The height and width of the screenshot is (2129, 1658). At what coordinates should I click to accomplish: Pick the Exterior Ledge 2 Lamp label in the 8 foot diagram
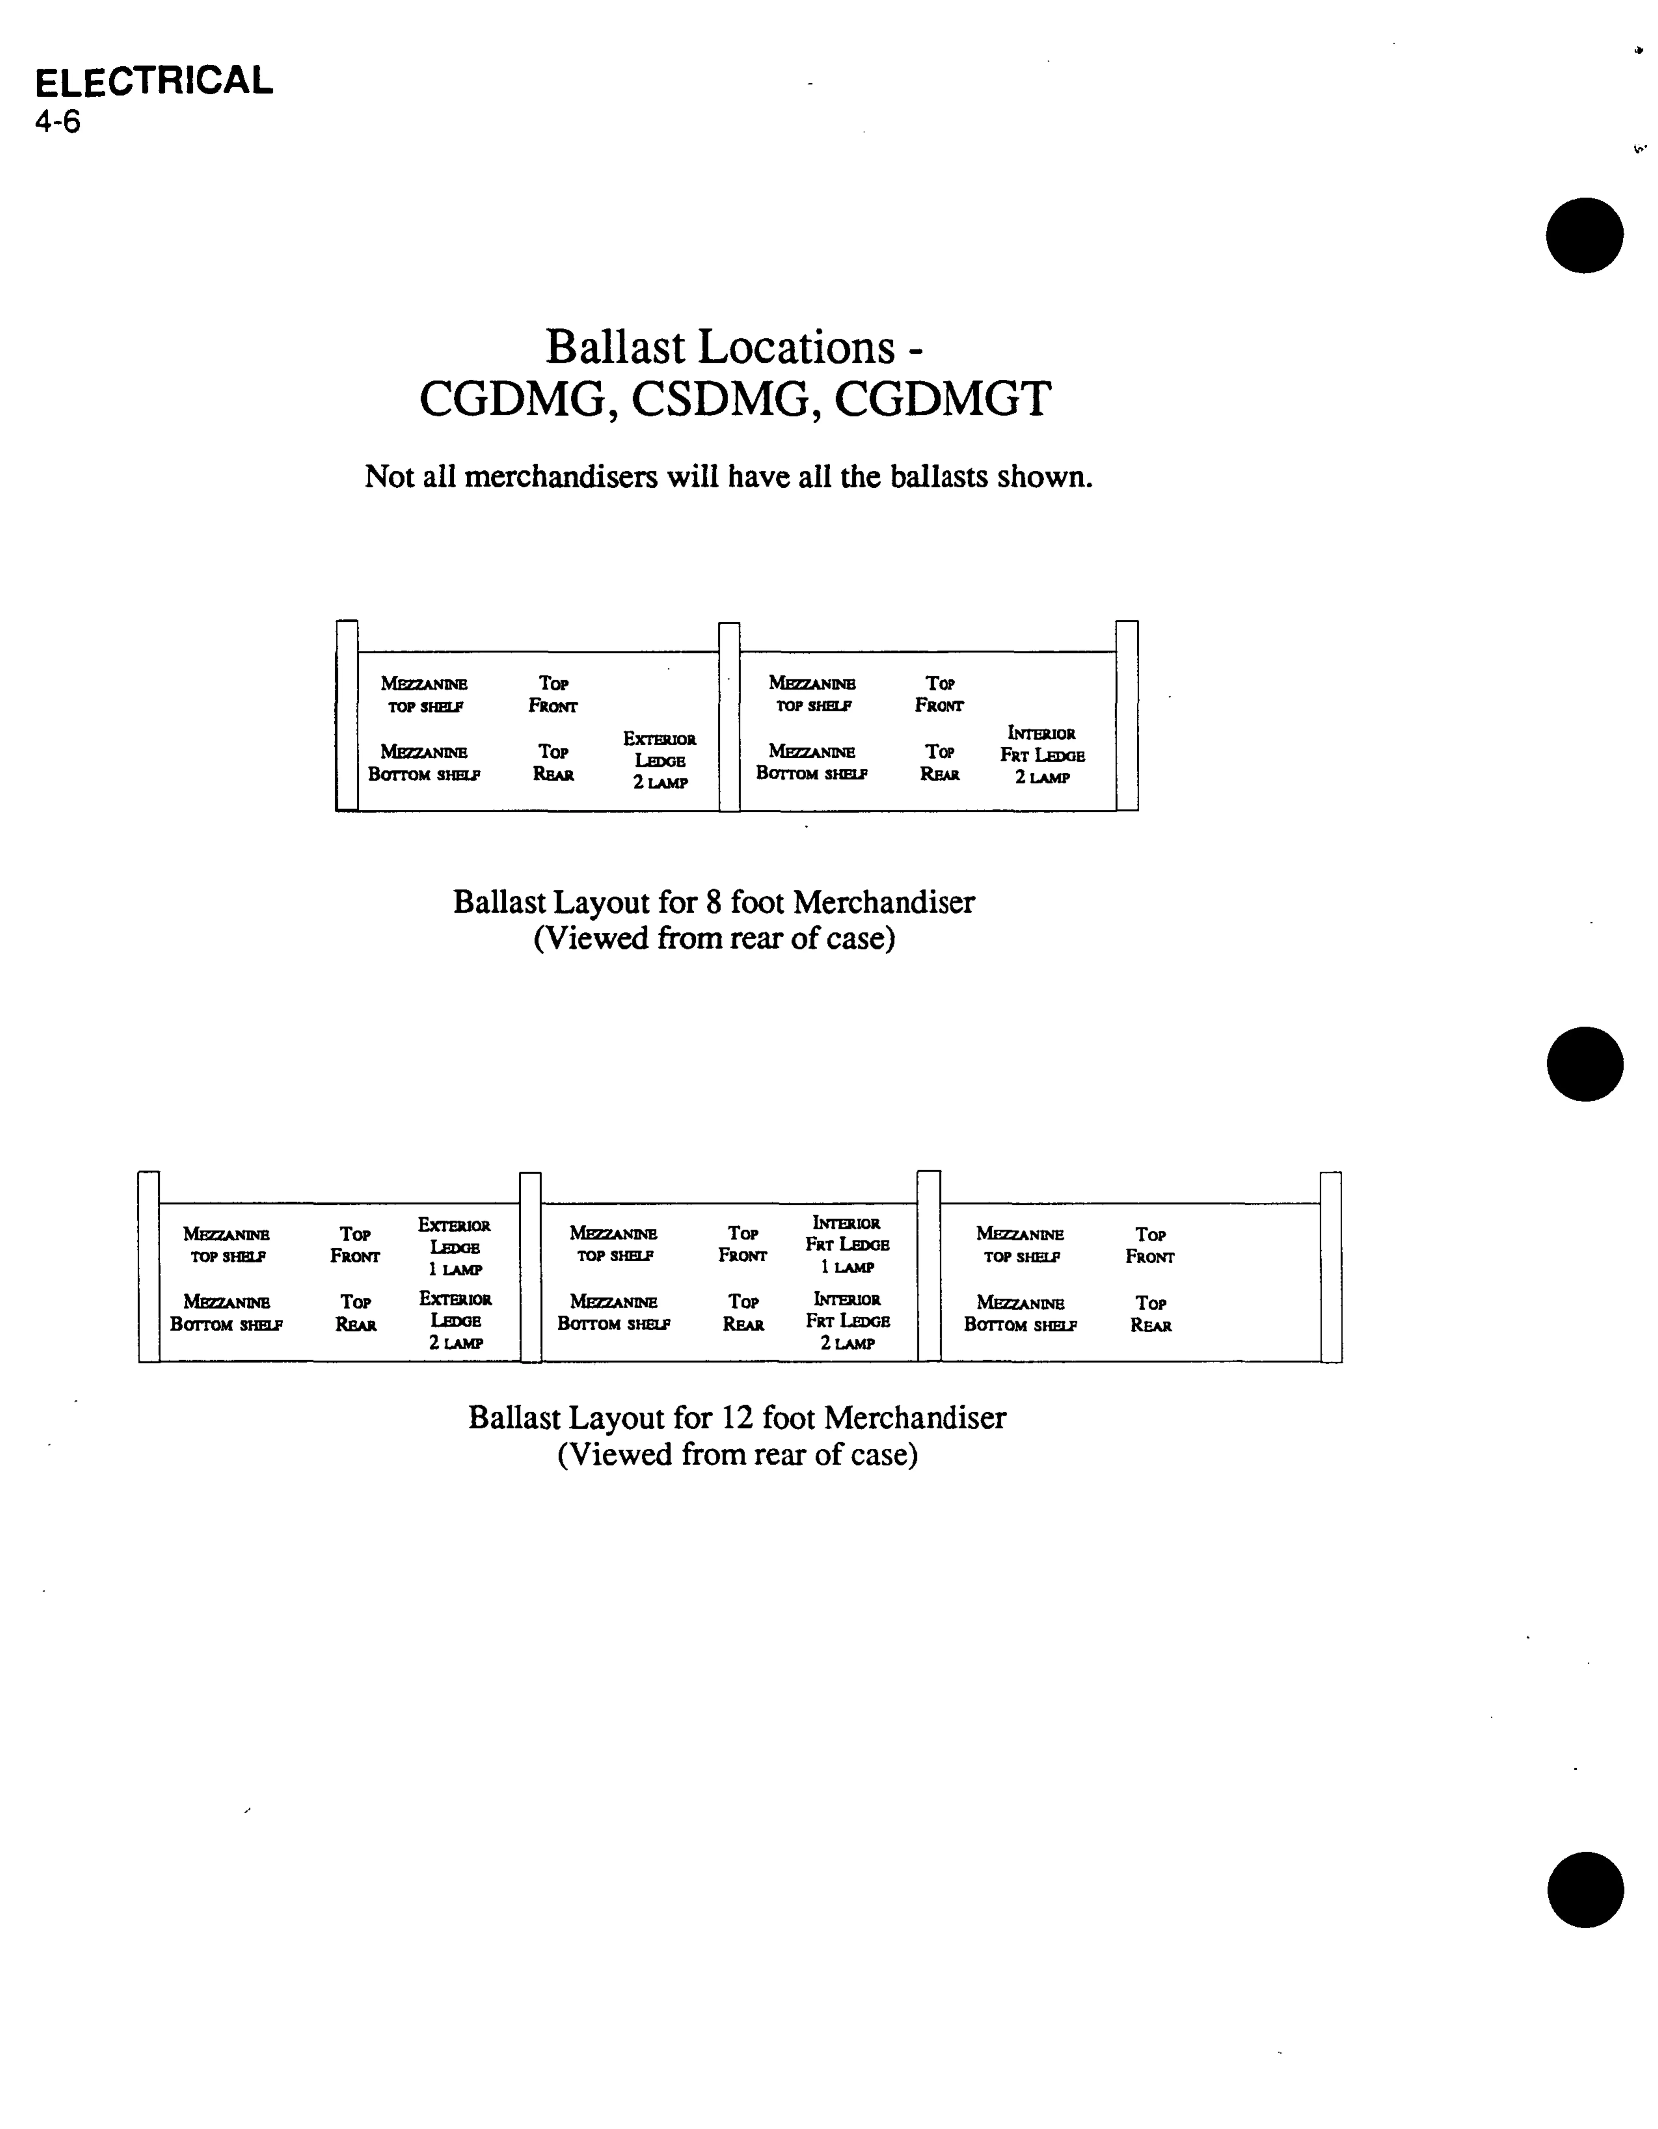660,760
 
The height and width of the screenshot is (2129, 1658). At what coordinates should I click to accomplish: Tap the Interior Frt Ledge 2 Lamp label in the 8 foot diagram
1042,755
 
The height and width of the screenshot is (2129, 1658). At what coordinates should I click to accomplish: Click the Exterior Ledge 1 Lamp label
454,1247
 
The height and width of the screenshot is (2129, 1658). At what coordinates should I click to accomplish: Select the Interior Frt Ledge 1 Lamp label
847,1245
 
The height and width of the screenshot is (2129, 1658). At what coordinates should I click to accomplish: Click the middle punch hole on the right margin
1585,1064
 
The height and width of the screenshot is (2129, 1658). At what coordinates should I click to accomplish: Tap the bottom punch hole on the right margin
1585,1889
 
